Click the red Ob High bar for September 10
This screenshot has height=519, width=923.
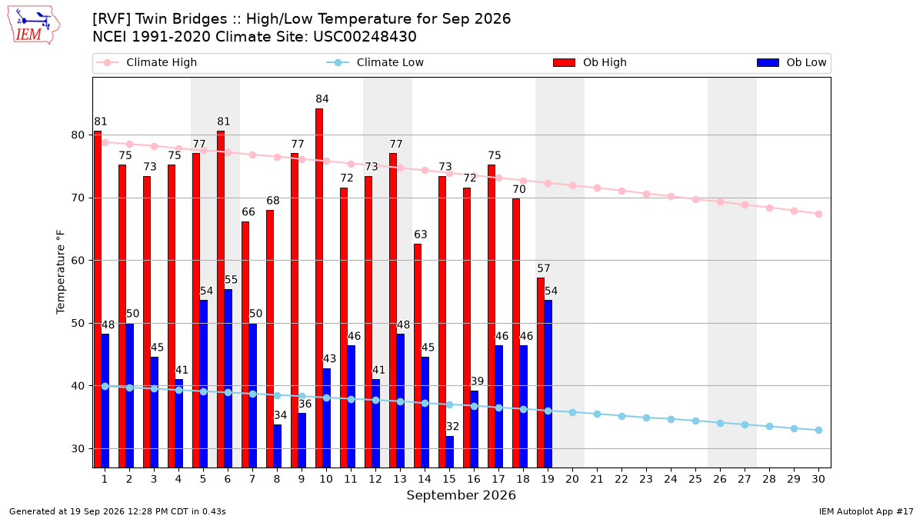tap(319, 288)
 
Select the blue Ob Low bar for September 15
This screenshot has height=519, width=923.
tap(449, 452)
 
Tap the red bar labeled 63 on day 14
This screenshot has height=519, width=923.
tap(418, 356)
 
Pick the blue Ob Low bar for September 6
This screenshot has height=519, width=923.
tap(228, 378)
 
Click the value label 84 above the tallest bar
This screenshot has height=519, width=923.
tap(322, 99)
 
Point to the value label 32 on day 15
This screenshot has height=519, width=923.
tap(452, 426)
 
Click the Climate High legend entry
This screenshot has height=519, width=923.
tap(147, 62)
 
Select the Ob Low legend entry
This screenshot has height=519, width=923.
tap(791, 62)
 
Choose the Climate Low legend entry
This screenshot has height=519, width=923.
tap(375, 62)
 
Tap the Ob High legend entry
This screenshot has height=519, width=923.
tap(590, 62)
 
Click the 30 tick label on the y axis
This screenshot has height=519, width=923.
tap(78, 448)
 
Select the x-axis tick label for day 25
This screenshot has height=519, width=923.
tap(695, 480)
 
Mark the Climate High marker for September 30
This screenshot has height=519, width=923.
tap(818, 215)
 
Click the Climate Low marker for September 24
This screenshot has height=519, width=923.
tap(671, 419)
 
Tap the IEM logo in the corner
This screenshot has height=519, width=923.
tap(33, 25)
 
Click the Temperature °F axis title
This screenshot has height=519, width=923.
tap(61, 272)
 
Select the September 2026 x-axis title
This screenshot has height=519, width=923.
tap(461, 495)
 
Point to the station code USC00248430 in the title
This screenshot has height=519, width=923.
tap(365, 37)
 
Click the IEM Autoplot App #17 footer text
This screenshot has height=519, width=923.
tap(866, 511)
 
